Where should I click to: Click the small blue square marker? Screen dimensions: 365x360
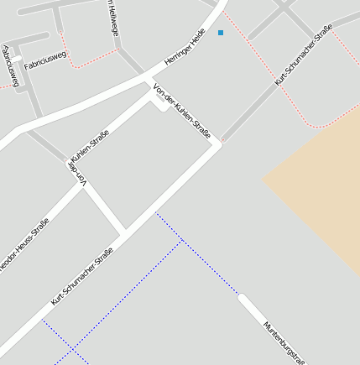221,33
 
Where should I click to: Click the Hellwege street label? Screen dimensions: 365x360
114,18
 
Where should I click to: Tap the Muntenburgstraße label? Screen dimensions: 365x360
284,343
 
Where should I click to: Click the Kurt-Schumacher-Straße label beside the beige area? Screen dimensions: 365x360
304,55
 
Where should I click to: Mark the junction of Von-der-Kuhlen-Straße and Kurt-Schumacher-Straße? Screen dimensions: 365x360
221,143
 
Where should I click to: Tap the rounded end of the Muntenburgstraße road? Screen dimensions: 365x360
243,297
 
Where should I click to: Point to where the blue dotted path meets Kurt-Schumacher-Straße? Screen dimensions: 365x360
155,212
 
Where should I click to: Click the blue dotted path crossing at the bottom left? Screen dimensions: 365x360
73,348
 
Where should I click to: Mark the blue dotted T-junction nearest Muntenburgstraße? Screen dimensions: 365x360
182,241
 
